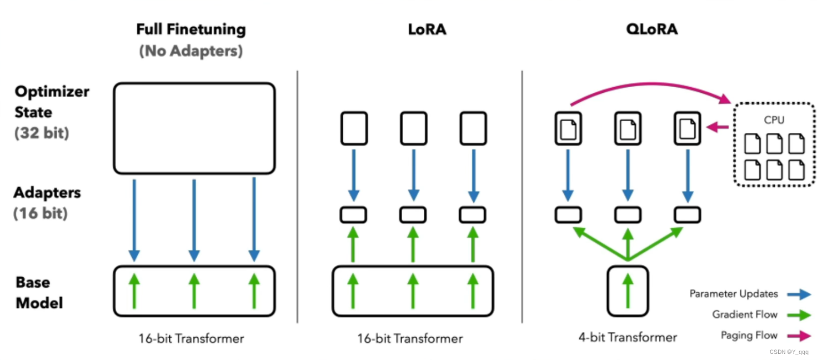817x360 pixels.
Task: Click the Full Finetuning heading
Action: (191, 29)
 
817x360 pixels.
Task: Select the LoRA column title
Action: (427, 29)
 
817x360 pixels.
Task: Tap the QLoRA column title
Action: (652, 29)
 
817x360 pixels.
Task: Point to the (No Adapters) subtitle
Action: (191, 51)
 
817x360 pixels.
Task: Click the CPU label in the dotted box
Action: (774, 120)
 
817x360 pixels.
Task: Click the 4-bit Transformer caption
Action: (628, 337)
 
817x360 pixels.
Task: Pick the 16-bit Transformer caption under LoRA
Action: (410, 339)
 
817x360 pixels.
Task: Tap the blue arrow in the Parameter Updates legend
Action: (799, 294)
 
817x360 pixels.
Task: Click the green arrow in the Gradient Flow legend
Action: (799, 315)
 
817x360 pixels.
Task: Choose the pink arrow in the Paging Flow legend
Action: (799, 336)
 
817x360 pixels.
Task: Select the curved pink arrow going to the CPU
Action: (651, 84)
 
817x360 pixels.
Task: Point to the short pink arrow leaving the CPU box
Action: (718, 127)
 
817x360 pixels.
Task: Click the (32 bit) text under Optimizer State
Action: (42, 133)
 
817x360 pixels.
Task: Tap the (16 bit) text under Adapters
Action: (41, 213)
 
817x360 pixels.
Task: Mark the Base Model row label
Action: (39, 293)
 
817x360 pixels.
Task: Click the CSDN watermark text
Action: (789, 352)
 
